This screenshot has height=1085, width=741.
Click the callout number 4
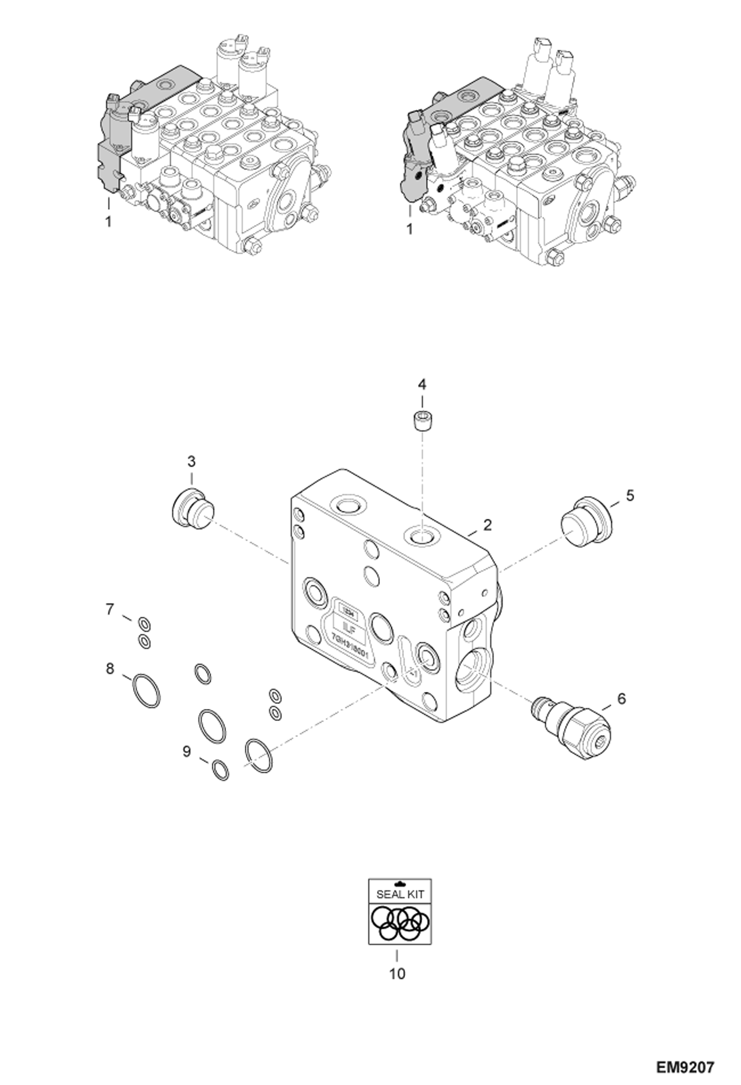pos(422,384)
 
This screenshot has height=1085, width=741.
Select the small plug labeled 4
pos(422,421)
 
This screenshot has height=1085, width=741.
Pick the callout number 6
pos(621,699)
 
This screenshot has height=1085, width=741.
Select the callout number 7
pos(110,609)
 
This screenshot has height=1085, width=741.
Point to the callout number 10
pos(397,974)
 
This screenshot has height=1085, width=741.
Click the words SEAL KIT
pos(400,894)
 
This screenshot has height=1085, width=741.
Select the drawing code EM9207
pos(685,1064)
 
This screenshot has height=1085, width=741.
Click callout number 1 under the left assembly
pos(108,221)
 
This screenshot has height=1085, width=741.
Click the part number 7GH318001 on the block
pos(348,647)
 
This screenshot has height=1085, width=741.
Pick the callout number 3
pos(191,461)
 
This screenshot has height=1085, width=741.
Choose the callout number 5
pos(630,495)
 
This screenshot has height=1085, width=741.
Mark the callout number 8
pos(110,669)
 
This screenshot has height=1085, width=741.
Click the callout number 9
pos(186,752)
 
